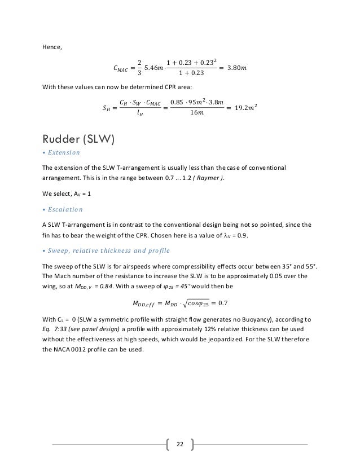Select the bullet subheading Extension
[x=64, y=153]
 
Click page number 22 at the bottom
[x=180, y=445]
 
